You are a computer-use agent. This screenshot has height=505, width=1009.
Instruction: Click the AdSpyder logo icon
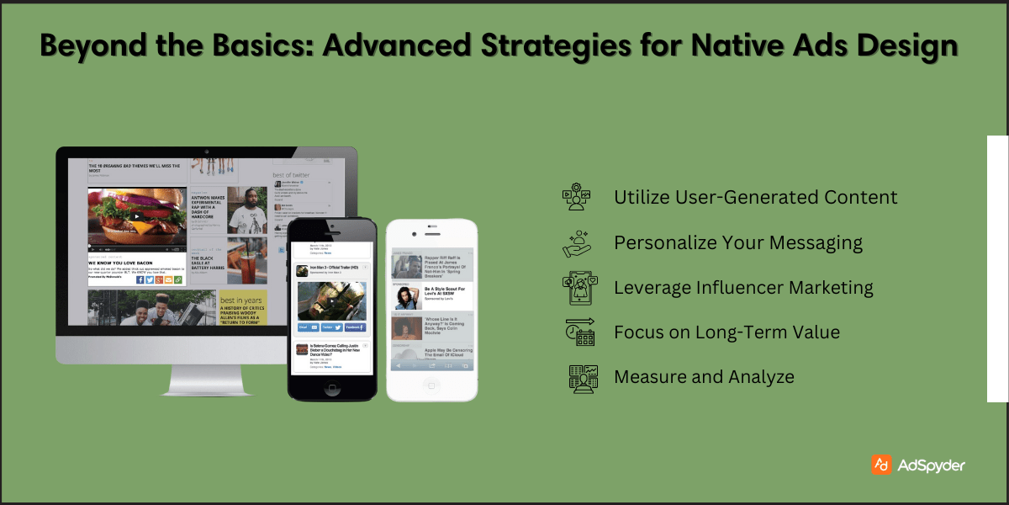click(x=881, y=465)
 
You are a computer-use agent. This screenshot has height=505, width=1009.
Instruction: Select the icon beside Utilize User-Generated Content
click(x=577, y=197)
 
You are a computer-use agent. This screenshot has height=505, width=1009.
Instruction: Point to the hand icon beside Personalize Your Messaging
click(x=577, y=242)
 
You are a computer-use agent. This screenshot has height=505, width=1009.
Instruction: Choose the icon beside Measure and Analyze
click(x=582, y=377)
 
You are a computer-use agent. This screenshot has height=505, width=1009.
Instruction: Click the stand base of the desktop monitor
click(x=206, y=389)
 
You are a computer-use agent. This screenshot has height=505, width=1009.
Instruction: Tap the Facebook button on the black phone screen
click(x=355, y=327)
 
